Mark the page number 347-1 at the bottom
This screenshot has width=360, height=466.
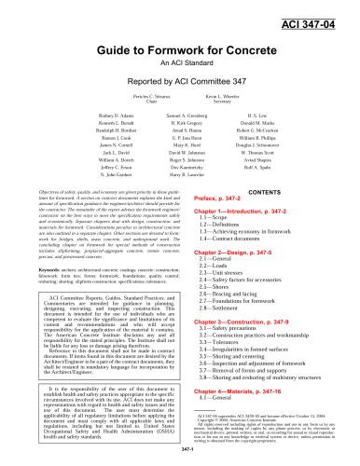pyautogui.click(x=179, y=456)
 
